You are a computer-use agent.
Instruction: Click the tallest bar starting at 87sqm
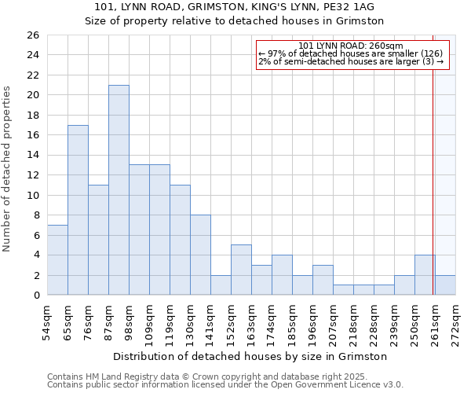coord(119,190)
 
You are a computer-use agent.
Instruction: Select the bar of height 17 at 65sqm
coord(78,210)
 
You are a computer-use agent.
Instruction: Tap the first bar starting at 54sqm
coord(57,260)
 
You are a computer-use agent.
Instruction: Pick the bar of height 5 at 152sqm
coord(241,270)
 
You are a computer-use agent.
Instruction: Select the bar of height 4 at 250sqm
coord(425,275)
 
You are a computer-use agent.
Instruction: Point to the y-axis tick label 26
coord(32,35)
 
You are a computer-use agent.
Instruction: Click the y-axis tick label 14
coord(32,156)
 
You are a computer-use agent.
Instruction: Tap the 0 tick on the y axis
coord(35,296)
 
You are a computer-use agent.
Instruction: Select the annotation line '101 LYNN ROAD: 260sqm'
coord(351,46)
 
